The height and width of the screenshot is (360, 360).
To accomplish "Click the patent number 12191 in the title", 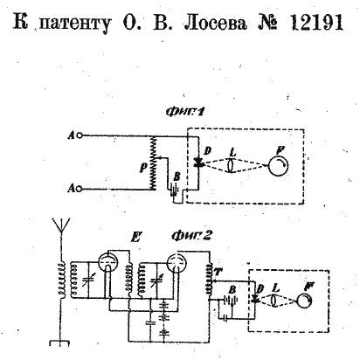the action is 316,23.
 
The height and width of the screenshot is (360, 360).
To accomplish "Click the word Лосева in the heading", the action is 216,23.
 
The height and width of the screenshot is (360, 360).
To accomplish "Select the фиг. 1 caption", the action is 183,113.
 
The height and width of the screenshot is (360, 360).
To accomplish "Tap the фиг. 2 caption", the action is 190,237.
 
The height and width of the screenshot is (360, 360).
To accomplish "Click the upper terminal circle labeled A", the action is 80,135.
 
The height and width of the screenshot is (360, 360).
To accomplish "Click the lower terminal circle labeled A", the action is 79,189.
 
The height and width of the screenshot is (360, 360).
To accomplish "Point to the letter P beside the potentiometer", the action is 142,167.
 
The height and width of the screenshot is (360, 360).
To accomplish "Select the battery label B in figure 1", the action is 177,177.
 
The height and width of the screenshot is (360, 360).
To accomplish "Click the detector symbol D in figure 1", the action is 199,163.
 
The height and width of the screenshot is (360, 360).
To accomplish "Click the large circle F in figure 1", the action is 278,166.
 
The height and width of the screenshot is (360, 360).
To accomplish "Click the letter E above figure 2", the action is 135,237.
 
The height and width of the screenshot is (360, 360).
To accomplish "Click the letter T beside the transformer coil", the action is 218,273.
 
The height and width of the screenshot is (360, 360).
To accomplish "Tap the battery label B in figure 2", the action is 232,290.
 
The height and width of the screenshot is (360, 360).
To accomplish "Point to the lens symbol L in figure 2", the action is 273,300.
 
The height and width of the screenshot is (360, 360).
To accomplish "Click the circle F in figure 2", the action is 304,301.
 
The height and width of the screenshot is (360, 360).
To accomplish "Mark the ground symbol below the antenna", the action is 60,343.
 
